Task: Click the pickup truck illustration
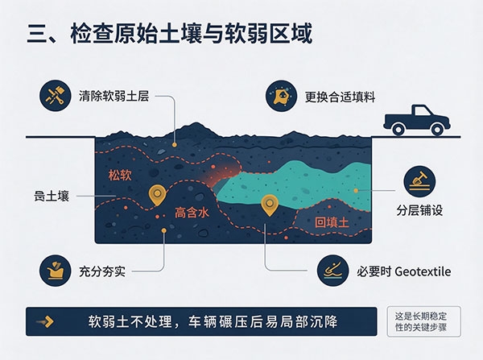[x=416, y=120]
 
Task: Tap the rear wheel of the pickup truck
[x=398, y=130]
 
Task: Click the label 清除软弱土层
[x=114, y=96]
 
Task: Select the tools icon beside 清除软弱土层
[x=55, y=96]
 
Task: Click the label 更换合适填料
[x=340, y=97]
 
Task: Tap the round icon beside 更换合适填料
[x=281, y=96]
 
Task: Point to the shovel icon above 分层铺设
[x=419, y=181]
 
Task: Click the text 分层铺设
[x=419, y=210]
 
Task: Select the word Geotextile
[x=423, y=271]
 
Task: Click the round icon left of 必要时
[x=332, y=271]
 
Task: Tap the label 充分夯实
[x=102, y=271]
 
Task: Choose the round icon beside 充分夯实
[x=55, y=271]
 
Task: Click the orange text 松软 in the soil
[x=120, y=175]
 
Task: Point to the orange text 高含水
[x=192, y=213]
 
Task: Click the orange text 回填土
[x=332, y=222]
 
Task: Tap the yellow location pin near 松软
[x=158, y=195]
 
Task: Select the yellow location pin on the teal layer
[x=270, y=205]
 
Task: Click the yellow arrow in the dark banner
[x=46, y=321]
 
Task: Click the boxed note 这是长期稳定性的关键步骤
[x=424, y=321]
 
